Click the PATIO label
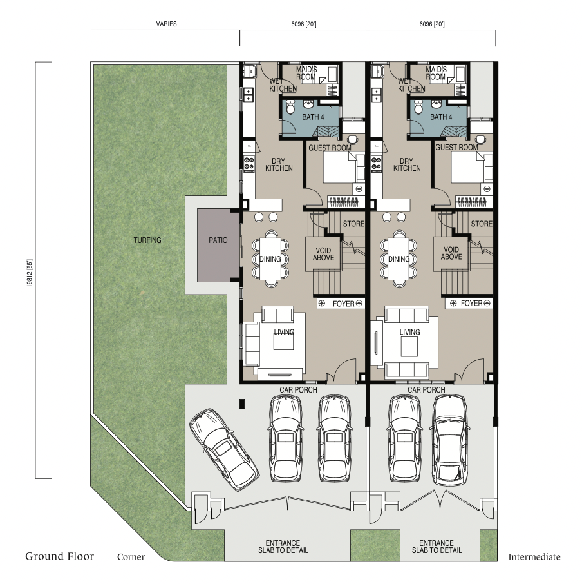218,240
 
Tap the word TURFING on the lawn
147,240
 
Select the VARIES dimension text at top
166,24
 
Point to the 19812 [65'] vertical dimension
30,273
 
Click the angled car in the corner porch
224,449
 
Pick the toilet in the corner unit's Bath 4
290,107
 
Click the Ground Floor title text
59,556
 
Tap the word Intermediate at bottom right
534,557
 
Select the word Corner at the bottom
131,557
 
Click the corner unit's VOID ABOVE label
323,254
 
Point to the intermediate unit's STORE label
482,224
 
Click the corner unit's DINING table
270,259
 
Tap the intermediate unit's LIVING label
409,332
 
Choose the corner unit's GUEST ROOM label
330,148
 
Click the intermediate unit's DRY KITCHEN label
407,164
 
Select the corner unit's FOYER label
343,304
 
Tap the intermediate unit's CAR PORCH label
426,389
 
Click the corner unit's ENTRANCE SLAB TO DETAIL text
283,547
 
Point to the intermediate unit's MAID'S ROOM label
435,73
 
